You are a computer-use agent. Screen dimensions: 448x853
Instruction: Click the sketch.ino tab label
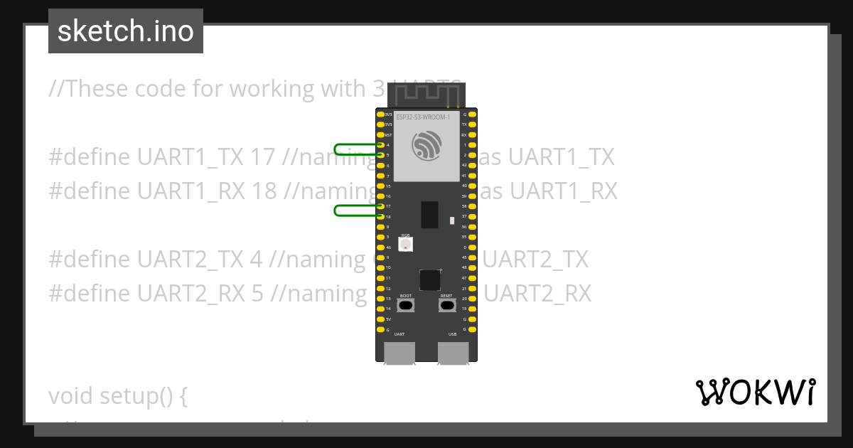point(126,31)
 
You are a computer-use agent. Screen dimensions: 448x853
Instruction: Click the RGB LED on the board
point(405,244)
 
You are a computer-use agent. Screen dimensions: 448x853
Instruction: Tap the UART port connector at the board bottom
point(399,353)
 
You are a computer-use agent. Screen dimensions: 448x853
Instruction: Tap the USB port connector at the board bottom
point(453,353)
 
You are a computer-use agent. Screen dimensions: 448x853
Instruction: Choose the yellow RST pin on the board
point(380,134)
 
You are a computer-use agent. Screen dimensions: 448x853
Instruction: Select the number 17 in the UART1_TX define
point(262,157)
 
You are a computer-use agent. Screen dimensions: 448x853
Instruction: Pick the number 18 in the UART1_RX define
point(263,191)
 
